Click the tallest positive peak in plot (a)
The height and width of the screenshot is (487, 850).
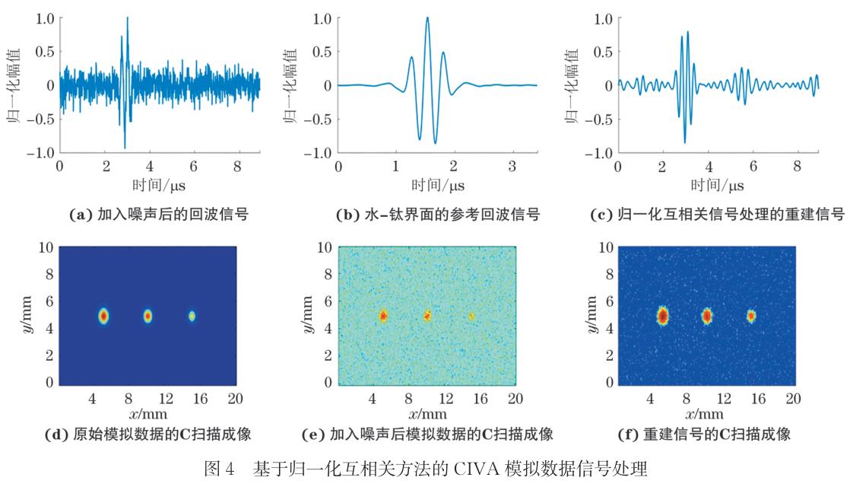tap(127, 18)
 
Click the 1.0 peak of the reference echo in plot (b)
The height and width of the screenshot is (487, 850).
tap(427, 18)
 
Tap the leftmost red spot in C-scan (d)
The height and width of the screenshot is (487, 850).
tap(104, 315)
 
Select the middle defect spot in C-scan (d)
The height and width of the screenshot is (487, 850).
tap(147, 315)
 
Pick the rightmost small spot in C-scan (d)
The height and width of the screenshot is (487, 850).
tap(192, 315)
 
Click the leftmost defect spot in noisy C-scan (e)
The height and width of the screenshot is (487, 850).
tap(383, 315)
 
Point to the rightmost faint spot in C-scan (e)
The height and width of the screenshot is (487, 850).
tap(471, 315)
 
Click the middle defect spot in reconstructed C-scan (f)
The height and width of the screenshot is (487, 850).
tap(707, 315)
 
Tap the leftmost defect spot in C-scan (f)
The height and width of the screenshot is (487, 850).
tap(663, 315)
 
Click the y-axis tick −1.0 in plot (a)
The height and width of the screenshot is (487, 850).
tap(36, 153)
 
